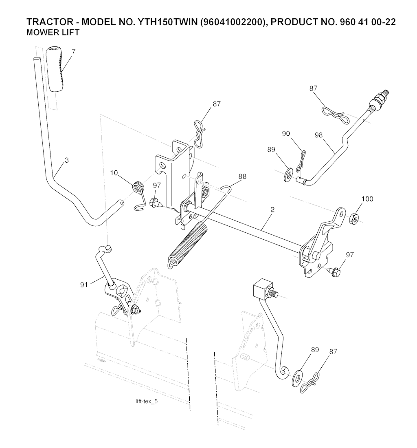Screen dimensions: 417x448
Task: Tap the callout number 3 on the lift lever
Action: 66,160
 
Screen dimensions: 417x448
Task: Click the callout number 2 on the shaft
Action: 272,210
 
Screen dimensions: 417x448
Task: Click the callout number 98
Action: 318,135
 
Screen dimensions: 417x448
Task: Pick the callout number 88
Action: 242,176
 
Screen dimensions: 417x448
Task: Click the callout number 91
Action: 84,285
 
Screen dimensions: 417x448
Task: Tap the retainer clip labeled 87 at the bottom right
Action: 312,382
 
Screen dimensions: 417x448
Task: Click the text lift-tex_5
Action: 147,401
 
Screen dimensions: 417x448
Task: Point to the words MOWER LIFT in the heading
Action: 53,32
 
